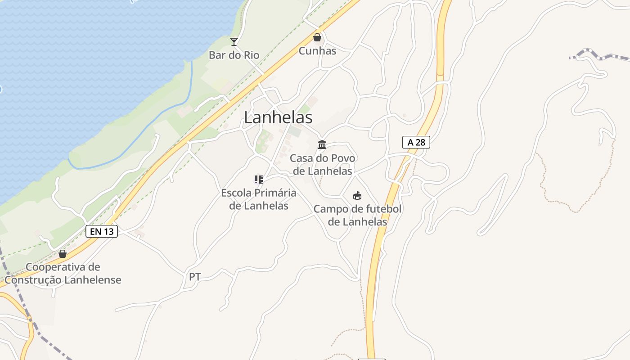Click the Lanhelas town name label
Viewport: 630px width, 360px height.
coord(278,117)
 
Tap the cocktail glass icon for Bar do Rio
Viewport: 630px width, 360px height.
coord(234,42)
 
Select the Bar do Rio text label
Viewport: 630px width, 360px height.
coord(234,55)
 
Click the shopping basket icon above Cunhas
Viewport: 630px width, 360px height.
coord(317,37)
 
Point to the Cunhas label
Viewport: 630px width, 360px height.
coord(317,51)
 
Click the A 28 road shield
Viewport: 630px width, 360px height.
coord(416,143)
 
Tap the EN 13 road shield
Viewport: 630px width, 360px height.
coord(102,232)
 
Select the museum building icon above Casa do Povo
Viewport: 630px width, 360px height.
coord(322,145)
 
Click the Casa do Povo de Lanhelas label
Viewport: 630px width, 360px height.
coord(322,165)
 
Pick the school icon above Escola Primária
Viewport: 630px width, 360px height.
coord(259,180)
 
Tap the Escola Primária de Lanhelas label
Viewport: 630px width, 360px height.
coord(259,199)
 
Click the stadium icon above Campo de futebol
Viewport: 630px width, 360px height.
coord(357,196)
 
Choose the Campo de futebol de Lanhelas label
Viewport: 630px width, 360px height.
coord(357,216)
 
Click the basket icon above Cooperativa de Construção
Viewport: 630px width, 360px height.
coord(63,254)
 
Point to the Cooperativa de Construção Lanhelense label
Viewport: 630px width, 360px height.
coord(63,274)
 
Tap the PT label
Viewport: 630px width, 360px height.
coord(195,277)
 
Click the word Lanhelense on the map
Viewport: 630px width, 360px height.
coord(93,280)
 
